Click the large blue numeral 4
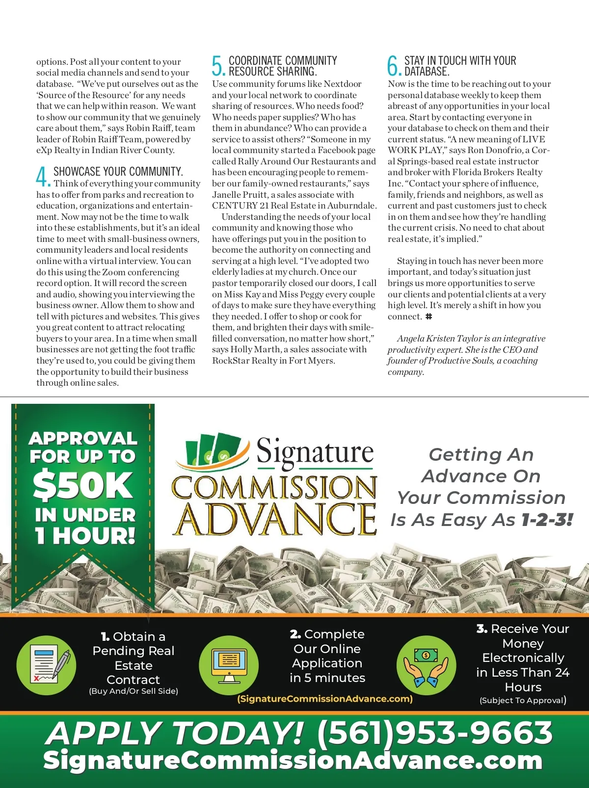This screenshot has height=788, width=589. point(43,176)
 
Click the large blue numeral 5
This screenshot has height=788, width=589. point(218,66)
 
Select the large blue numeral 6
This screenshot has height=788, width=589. point(394,66)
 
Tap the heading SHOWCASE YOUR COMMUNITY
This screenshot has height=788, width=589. point(118,171)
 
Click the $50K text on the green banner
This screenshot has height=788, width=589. point(82,485)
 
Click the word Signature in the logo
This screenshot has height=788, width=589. point(315,451)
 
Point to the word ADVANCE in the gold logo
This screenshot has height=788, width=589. point(275,519)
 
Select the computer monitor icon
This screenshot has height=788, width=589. point(229,665)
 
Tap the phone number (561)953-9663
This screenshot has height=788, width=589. point(435,733)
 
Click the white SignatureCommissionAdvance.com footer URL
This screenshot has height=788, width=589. point(293,761)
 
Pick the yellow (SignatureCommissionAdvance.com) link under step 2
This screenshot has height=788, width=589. point(325,699)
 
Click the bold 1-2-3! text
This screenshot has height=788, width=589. point(547,520)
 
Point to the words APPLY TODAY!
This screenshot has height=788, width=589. point(175,733)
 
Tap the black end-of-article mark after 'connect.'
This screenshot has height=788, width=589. point(428,316)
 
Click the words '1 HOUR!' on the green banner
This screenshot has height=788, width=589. point(84,536)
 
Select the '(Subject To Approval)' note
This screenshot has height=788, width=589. point(523,700)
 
